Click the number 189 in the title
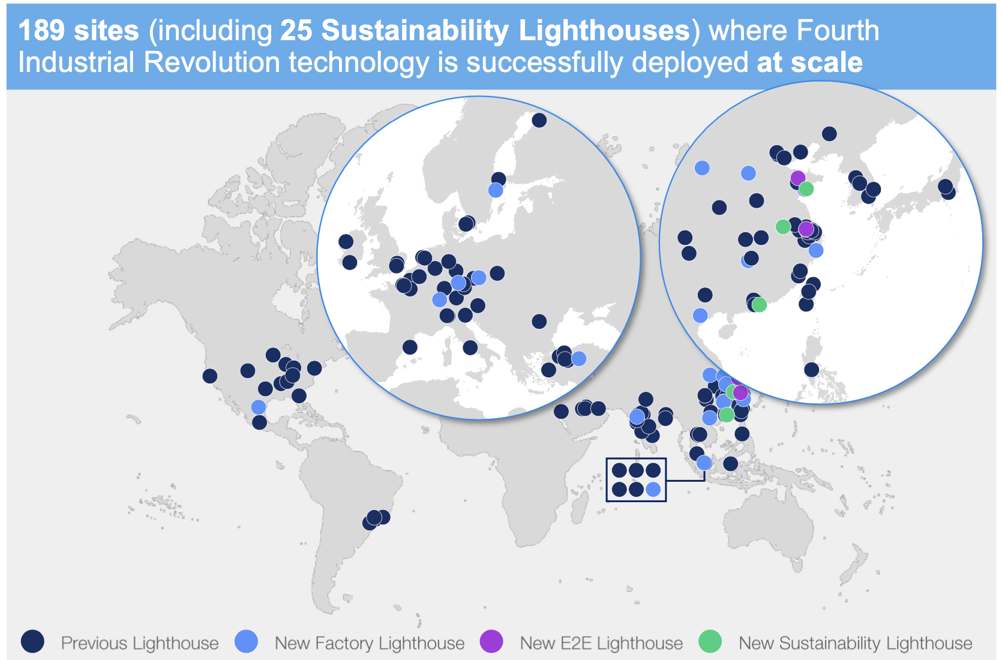pyautogui.click(x=41, y=31)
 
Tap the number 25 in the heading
pyautogui.click(x=296, y=31)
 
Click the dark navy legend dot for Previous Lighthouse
pyautogui.click(x=32, y=641)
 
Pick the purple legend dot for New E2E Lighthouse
pyautogui.click(x=491, y=641)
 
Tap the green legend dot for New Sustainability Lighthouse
pyautogui.click(x=710, y=641)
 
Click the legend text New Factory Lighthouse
pyautogui.click(x=370, y=643)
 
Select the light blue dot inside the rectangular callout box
pyautogui.click(x=653, y=490)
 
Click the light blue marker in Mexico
pyautogui.click(x=259, y=407)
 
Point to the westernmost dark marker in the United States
pyautogui.click(x=209, y=376)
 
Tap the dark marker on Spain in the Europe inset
pyautogui.click(x=410, y=347)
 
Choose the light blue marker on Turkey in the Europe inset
pyautogui.click(x=579, y=359)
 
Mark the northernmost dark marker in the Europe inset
pyautogui.click(x=539, y=120)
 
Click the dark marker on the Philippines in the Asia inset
pyautogui.click(x=811, y=370)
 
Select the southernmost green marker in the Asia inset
pyautogui.click(x=760, y=305)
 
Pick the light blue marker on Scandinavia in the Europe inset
pyautogui.click(x=496, y=190)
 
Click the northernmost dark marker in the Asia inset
pyautogui.click(x=829, y=134)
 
